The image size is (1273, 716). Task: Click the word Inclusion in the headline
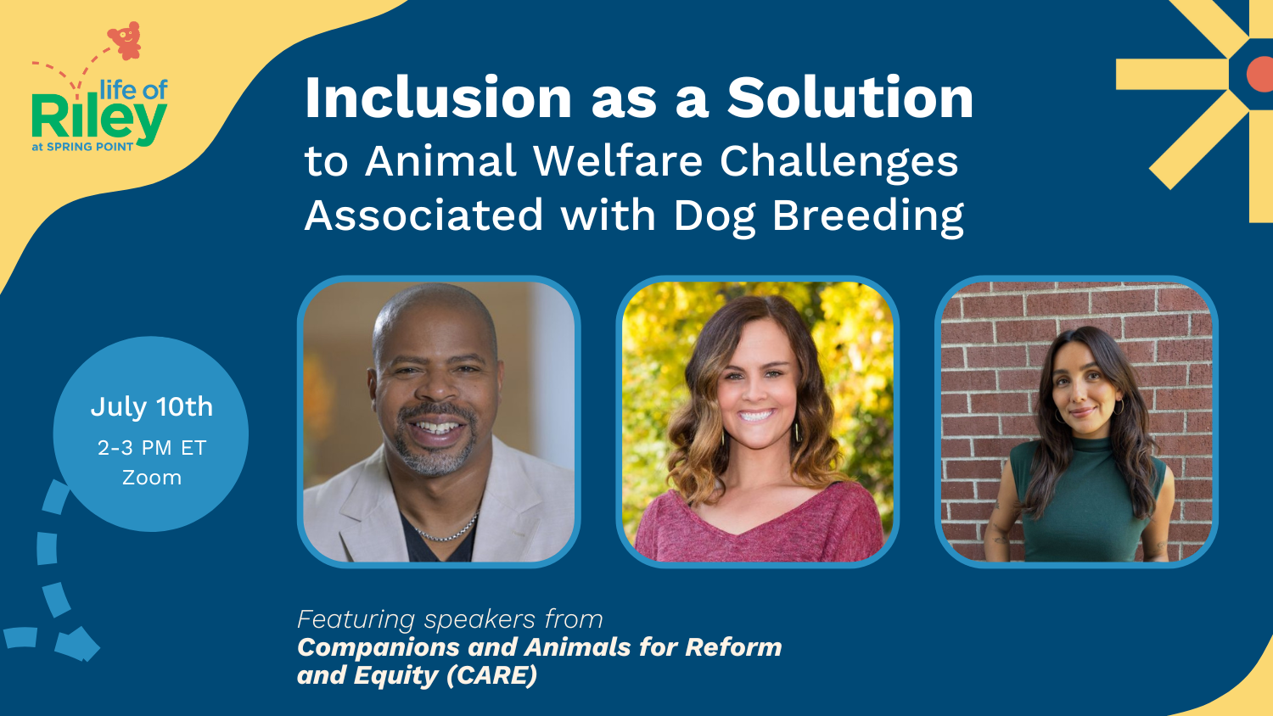click(438, 98)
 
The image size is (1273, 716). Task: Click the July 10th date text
click(151, 407)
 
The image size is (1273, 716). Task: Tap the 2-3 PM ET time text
click(151, 448)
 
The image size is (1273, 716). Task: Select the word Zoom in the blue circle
click(151, 478)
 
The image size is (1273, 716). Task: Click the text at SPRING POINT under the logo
click(82, 147)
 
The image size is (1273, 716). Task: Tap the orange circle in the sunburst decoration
click(1260, 76)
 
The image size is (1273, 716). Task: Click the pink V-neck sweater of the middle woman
click(755, 526)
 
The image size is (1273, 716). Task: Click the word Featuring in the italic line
click(356, 619)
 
